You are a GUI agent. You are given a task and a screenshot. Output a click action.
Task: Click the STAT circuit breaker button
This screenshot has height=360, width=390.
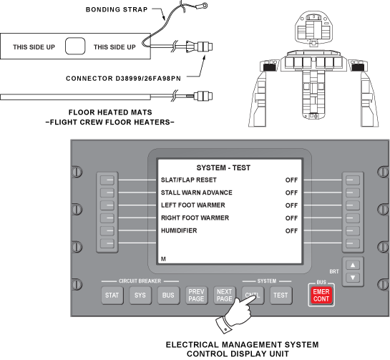point(112,296)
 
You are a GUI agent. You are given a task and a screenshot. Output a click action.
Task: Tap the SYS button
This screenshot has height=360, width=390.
point(140,296)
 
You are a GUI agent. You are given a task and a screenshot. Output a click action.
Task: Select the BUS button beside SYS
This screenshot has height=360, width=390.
point(168,296)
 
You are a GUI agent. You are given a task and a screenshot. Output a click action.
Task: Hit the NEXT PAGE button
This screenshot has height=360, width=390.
point(225,296)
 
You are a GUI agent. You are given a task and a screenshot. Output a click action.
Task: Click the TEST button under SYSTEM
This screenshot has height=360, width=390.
point(281,296)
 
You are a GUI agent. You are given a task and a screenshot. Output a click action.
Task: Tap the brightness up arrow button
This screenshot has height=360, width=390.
point(353,266)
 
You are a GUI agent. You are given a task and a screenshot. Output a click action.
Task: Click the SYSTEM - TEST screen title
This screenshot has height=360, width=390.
point(223,168)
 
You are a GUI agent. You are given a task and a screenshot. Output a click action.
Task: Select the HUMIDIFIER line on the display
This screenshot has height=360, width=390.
point(179,230)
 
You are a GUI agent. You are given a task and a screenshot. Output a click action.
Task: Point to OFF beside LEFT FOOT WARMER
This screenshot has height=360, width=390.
point(291,205)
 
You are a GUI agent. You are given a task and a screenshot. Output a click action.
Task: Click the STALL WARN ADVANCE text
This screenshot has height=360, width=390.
point(197,193)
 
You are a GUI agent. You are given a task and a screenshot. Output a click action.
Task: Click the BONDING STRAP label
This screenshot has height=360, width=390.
point(117,10)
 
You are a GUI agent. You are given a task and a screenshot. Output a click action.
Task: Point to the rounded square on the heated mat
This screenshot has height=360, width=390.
point(75,46)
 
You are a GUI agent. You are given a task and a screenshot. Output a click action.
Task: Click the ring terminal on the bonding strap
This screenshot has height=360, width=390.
point(205,5)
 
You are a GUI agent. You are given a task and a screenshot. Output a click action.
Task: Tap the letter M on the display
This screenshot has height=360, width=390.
point(163,259)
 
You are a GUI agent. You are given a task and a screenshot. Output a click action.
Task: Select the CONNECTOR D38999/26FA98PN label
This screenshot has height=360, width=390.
point(123,79)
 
